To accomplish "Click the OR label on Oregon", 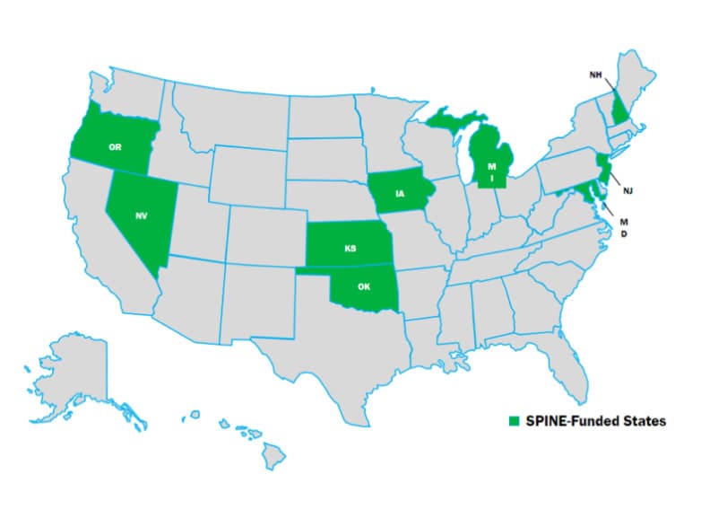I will [x=115, y=147].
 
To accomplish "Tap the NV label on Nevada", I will [x=142, y=216].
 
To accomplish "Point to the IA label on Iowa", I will [x=397, y=191].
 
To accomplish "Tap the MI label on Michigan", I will [x=491, y=171].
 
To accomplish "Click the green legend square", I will [x=514, y=420].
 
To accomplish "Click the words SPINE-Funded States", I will [x=594, y=420].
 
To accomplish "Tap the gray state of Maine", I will [x=642, y=85].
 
